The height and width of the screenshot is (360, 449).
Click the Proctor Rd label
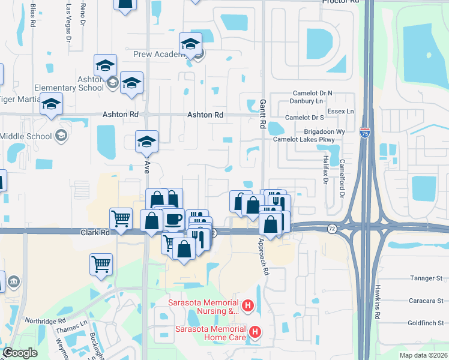340,2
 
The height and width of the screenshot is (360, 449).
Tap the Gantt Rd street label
262,114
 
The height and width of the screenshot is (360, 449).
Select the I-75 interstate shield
364,133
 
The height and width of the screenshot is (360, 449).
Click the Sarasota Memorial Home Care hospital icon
255,332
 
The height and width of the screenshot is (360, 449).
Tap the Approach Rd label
263,257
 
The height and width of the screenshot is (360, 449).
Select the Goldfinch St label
424,322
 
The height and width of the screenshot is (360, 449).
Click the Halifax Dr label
325,164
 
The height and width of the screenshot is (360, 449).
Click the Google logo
20,353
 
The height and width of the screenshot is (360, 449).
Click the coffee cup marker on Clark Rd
173,219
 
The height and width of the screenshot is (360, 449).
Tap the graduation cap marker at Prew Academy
191,44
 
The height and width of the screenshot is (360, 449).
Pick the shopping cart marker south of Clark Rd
101,264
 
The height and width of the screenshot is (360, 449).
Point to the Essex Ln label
341,112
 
